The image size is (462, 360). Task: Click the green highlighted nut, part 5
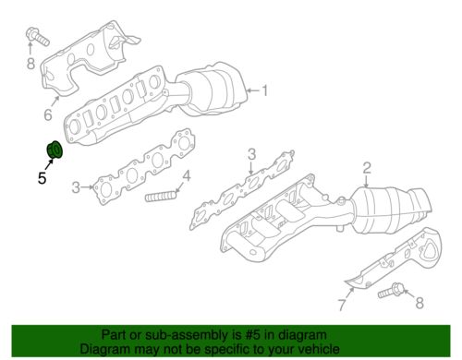tap(55, 150)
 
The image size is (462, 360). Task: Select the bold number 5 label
tap(43, 178)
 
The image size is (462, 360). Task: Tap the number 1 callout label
tap(264, 90)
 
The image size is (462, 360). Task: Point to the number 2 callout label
tap(367, 168)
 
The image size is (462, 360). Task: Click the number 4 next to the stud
tap(187, 176)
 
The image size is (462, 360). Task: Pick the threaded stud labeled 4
tap(161, 197)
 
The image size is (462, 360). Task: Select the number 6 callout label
tap(48, 114)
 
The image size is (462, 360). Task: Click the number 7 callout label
tap(342, 305)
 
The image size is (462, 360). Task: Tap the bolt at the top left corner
tap(37, 37)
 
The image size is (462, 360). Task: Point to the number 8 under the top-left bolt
tap(30, 64)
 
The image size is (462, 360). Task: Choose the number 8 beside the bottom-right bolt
tap(419, 303)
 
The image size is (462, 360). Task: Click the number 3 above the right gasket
tap(252, 154)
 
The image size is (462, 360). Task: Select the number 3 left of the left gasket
tap(77, 187)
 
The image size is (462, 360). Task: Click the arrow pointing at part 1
tap(253, 90)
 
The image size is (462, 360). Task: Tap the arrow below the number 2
tap(366, 182)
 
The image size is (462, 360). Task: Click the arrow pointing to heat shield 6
tap(55, 102)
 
